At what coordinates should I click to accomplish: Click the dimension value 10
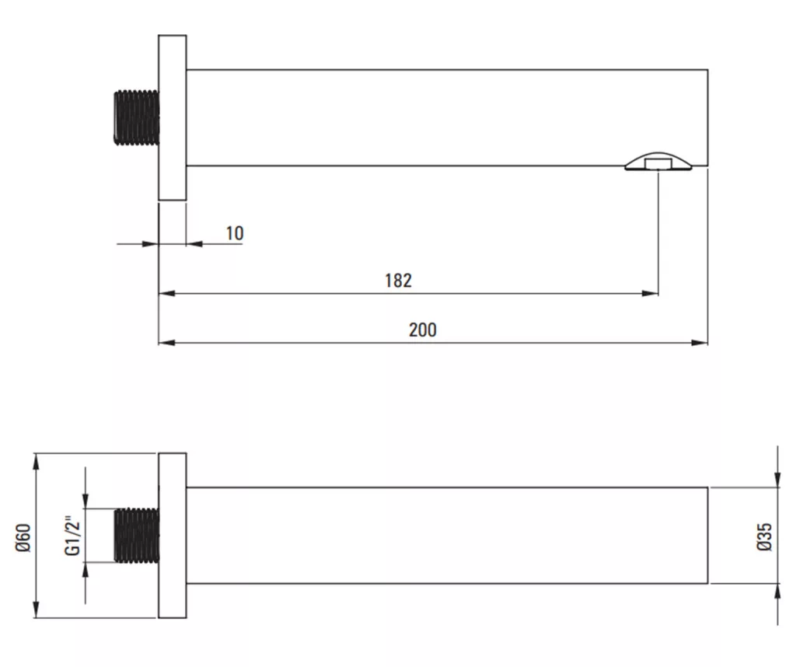pyautogui.click(x=235, y=233)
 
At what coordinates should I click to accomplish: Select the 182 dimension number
pyautogui.click(x=398, y=281)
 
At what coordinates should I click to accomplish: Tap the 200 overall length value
pyautogui.click(x=422, y=330)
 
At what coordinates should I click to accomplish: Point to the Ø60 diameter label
pyautogui.click(x=23, y=537)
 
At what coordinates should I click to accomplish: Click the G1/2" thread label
pyautogui.click(x=72, y=536)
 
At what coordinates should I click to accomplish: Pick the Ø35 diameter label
pyautogui.click(x=764, y=536)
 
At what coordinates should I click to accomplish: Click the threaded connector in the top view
pyautogui.click(x=137, y=117)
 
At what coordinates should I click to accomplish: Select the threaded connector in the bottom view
pyautogui.click(x=137, y=536)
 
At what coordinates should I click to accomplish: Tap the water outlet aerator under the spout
pyautogui.click(x=658, y=161)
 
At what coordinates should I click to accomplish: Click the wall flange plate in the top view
pyautogui.click(x=172, y=117)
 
